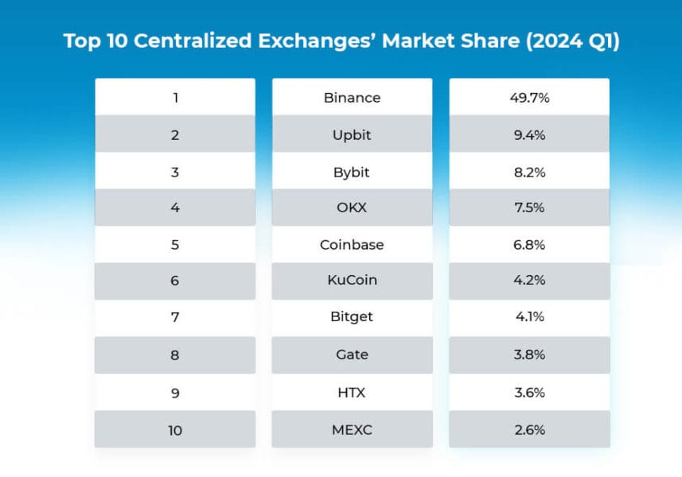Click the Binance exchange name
click(x=352, y=98)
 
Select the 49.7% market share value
click(x=529, y=98)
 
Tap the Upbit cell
click(x=352, y=135)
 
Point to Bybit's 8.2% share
click(x=529, y=172)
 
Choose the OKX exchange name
click(x=352, y=208)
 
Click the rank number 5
click(x=175, y=245)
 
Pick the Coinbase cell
click(x=352, y=245)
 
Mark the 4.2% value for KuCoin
click(x=529, y=281)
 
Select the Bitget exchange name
click(x=352, y=317)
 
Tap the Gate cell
click(x=352, y=355)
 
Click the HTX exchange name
click(x=352, y=392)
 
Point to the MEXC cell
click(x=352, y=429)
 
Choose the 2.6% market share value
click(x=529, y=429)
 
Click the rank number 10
click(x=175, y=430)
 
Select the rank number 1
click(x=175, y=98)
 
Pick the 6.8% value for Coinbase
click(x=529, y=245)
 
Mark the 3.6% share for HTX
click(x=529, y=392)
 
